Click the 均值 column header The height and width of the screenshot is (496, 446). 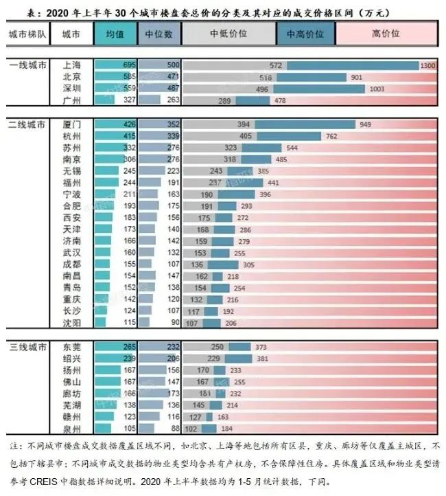(x=115, y=33)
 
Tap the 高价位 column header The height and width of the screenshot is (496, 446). (x=385, y=33)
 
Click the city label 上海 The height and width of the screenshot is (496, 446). (x=71, y=65)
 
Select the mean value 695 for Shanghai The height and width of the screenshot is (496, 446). (x=128, y=65)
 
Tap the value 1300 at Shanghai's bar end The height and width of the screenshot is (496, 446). (x=427, y=65)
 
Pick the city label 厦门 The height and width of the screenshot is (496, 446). (x=71, y=125)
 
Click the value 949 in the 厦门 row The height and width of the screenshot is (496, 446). (x=364, y=125)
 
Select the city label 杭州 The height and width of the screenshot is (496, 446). (x=71, y=137)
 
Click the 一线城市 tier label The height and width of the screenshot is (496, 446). (x=27, y=65)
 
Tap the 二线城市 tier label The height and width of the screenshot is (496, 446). (x=27, y=125)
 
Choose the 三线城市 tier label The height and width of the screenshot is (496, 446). (x=27, y=347)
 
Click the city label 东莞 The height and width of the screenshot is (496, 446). (x=71, y=347)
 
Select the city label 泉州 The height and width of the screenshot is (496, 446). (x=71, y=429)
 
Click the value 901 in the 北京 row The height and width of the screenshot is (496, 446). (x=356, y=78)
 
